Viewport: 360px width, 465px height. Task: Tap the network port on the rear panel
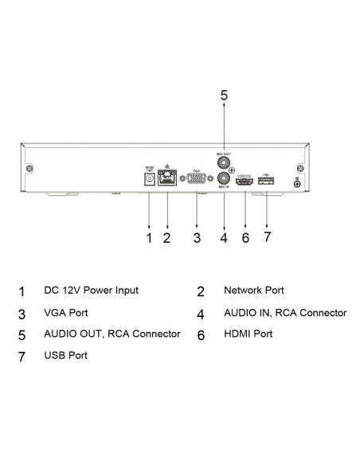(x=167, y=181)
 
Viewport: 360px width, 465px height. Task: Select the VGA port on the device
(x=196, y=181)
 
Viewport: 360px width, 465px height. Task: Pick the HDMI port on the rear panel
(x=245, y=182)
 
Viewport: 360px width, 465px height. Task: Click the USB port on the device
(x=265, y=182)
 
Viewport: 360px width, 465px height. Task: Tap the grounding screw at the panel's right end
(x=297, y=184)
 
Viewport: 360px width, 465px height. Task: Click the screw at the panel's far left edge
(x=29, y=169)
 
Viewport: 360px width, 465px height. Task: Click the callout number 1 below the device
(x=149, y=237)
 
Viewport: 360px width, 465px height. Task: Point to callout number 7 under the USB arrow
(x=268, y=237)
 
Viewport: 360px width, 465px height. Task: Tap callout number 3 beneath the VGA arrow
(x=196, y=237)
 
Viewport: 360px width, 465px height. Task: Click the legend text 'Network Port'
(x=253, y=291)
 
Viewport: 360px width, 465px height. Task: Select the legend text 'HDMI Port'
(x=248, y=334)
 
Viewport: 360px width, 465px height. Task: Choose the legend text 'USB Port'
(x=65, y=355)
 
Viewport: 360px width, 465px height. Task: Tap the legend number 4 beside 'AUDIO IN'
(x=201, y=314)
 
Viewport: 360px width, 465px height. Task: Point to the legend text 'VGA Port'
(x=65, y=313)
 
